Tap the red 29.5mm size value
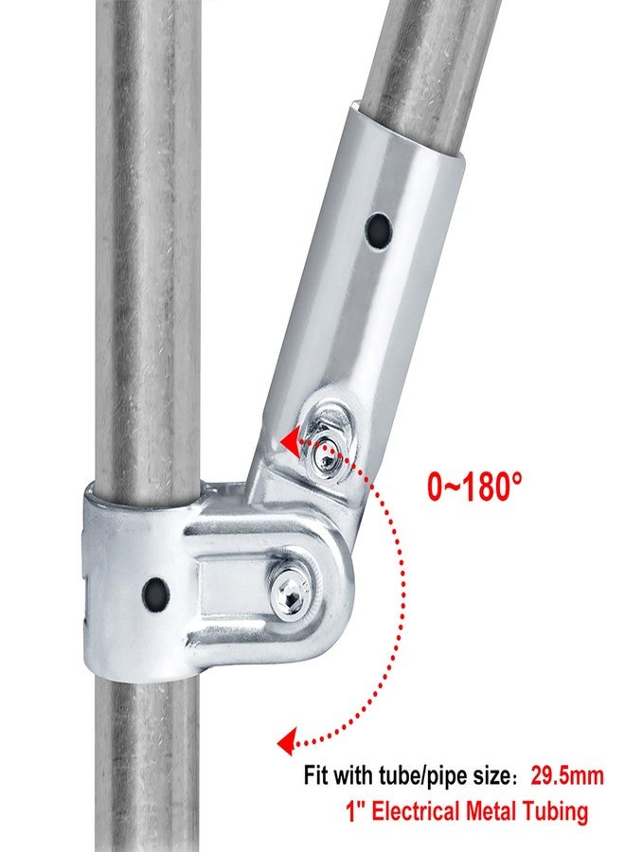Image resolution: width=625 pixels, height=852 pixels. pyautogui.click(x=567, y=775)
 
